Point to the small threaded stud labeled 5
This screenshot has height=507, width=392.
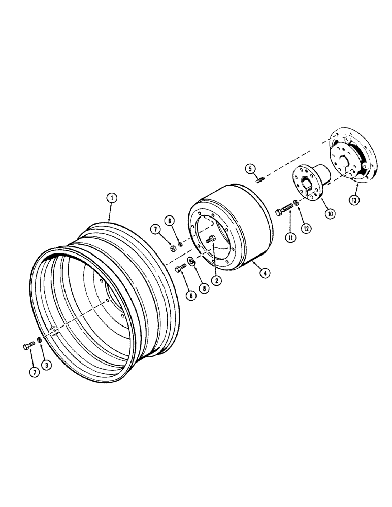[x=260, y=180]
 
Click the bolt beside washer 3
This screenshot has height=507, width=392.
[x=28, y=346]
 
